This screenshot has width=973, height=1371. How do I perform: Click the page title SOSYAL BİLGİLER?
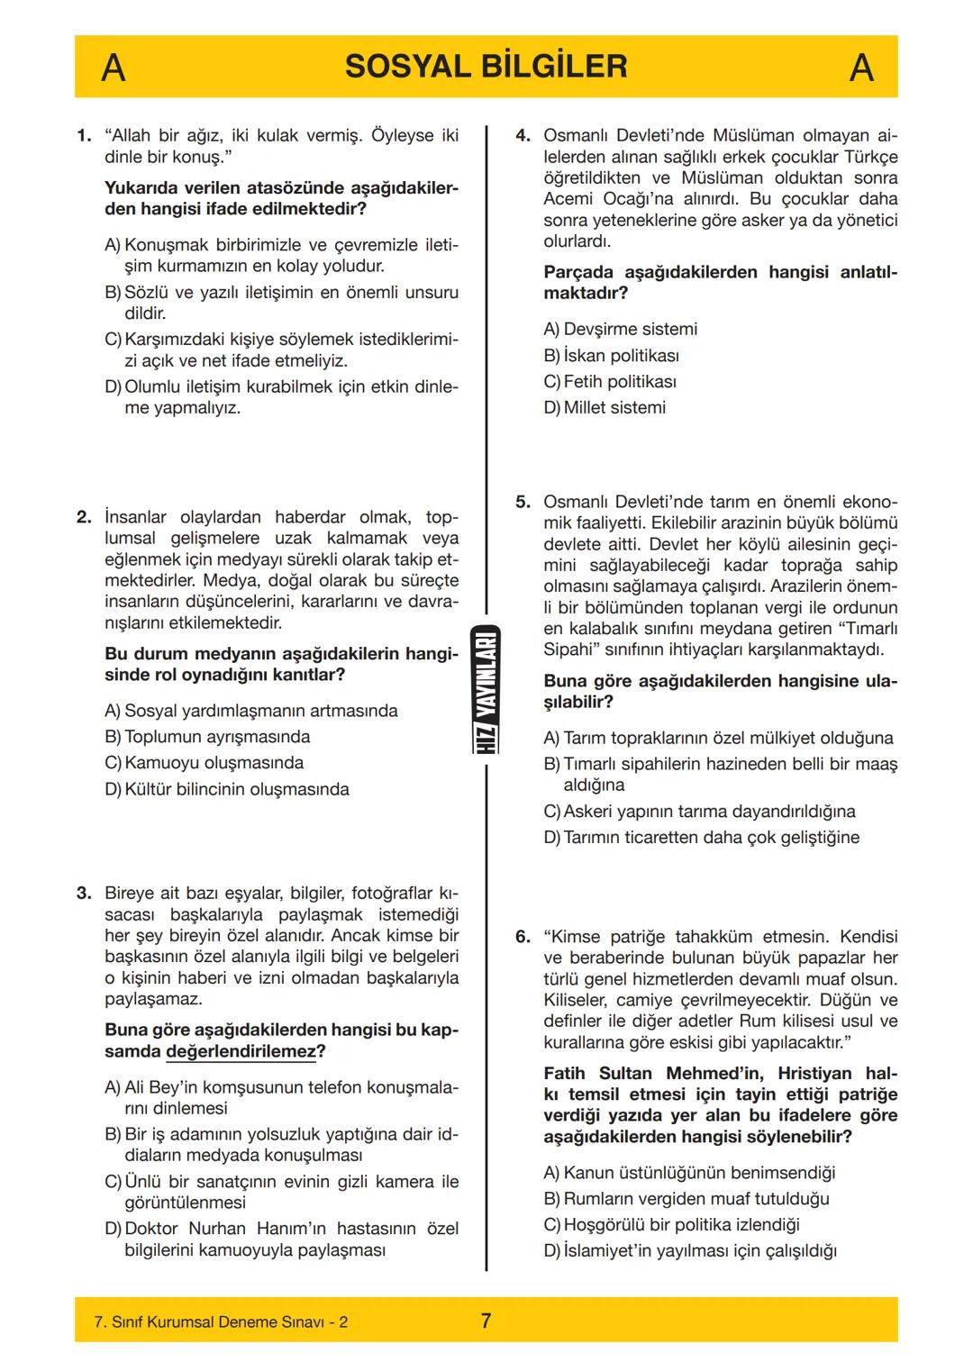click(486, 67)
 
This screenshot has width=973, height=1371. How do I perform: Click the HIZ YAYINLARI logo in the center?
click(486, 690)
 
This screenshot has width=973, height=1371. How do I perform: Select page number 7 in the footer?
click(486, 1321)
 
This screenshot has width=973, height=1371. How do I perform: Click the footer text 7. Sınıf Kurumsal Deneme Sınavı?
click(221, 1321)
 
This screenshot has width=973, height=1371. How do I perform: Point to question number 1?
click(84, 136)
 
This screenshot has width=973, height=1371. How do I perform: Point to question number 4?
click(523, 136)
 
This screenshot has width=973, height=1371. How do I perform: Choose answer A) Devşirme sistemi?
click(620, 330)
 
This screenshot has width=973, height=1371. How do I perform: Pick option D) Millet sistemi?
click(605, 408)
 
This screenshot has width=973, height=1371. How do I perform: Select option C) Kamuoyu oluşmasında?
click(204, 763)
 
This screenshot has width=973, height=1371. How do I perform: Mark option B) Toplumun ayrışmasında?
click(207, 737)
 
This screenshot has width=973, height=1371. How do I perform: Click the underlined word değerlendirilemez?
click(241, 1052)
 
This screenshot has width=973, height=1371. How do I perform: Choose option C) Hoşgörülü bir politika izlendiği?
click(671, 1225)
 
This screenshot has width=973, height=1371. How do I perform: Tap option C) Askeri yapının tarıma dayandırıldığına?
click(699, 812)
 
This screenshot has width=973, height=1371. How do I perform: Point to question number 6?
click(523, 937)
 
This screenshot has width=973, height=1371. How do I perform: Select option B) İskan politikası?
click(611, 356)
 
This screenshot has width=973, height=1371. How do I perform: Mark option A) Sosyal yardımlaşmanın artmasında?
click(250, 711)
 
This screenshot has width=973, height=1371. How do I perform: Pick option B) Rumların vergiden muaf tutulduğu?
click(687, 1199)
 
